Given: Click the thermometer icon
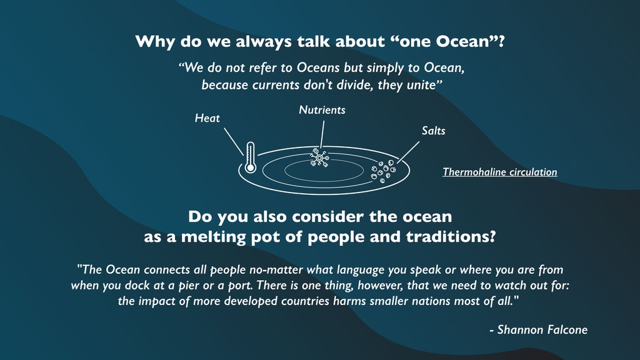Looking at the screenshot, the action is (x=250, y=157).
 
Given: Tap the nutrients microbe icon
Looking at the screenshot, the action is (x=319, y=157).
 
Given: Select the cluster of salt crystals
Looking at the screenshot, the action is (x=383, y=171).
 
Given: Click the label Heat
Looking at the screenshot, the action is (x=207, y=118).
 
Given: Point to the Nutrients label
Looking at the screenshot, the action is (x=322, y=110).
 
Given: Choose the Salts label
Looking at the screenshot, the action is (x=434, y=131).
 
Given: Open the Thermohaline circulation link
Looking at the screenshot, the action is (x=499, y=172).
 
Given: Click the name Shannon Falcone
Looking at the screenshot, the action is (x=542, y=329).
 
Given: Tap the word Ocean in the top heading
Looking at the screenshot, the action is (x=462, y=41).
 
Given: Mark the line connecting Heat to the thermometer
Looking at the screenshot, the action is (x=234, y=142).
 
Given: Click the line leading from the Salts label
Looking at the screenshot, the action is (x=408, y=152).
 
